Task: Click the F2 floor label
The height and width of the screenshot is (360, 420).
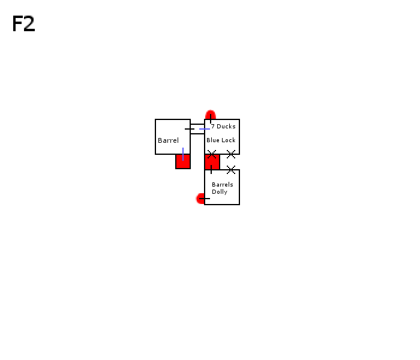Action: (23, 23)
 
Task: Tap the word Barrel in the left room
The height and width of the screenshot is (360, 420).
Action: (168, 140)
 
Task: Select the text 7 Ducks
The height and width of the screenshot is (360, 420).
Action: (223, 126)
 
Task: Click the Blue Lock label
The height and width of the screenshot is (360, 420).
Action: (221, 140)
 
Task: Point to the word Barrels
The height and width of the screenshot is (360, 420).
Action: (223, 185)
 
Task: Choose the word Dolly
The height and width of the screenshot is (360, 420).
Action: (220, 192)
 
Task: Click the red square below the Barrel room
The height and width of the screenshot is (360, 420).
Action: (183, 161)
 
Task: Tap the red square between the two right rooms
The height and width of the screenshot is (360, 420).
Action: (212, 162)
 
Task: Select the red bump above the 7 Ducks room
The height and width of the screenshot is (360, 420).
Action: (211, 115)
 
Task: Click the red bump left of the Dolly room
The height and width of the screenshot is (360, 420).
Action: (200, 199)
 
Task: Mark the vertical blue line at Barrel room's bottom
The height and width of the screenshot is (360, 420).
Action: (183, 154)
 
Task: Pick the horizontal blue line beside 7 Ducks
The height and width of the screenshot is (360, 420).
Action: (205, 129)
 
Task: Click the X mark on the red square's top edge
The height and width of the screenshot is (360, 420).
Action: (212, 154)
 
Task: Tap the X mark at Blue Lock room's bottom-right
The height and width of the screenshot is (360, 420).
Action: (231, 154)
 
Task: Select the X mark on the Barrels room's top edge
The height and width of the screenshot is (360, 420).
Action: (231, 170)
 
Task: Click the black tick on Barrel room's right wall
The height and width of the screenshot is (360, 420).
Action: (190, 129)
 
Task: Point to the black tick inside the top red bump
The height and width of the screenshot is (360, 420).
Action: (211, 118)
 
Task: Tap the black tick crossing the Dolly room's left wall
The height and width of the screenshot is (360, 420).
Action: (205, 199)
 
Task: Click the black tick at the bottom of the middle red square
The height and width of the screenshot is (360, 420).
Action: (211, 170)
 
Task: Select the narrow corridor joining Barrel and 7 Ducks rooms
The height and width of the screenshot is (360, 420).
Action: (197, 129)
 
